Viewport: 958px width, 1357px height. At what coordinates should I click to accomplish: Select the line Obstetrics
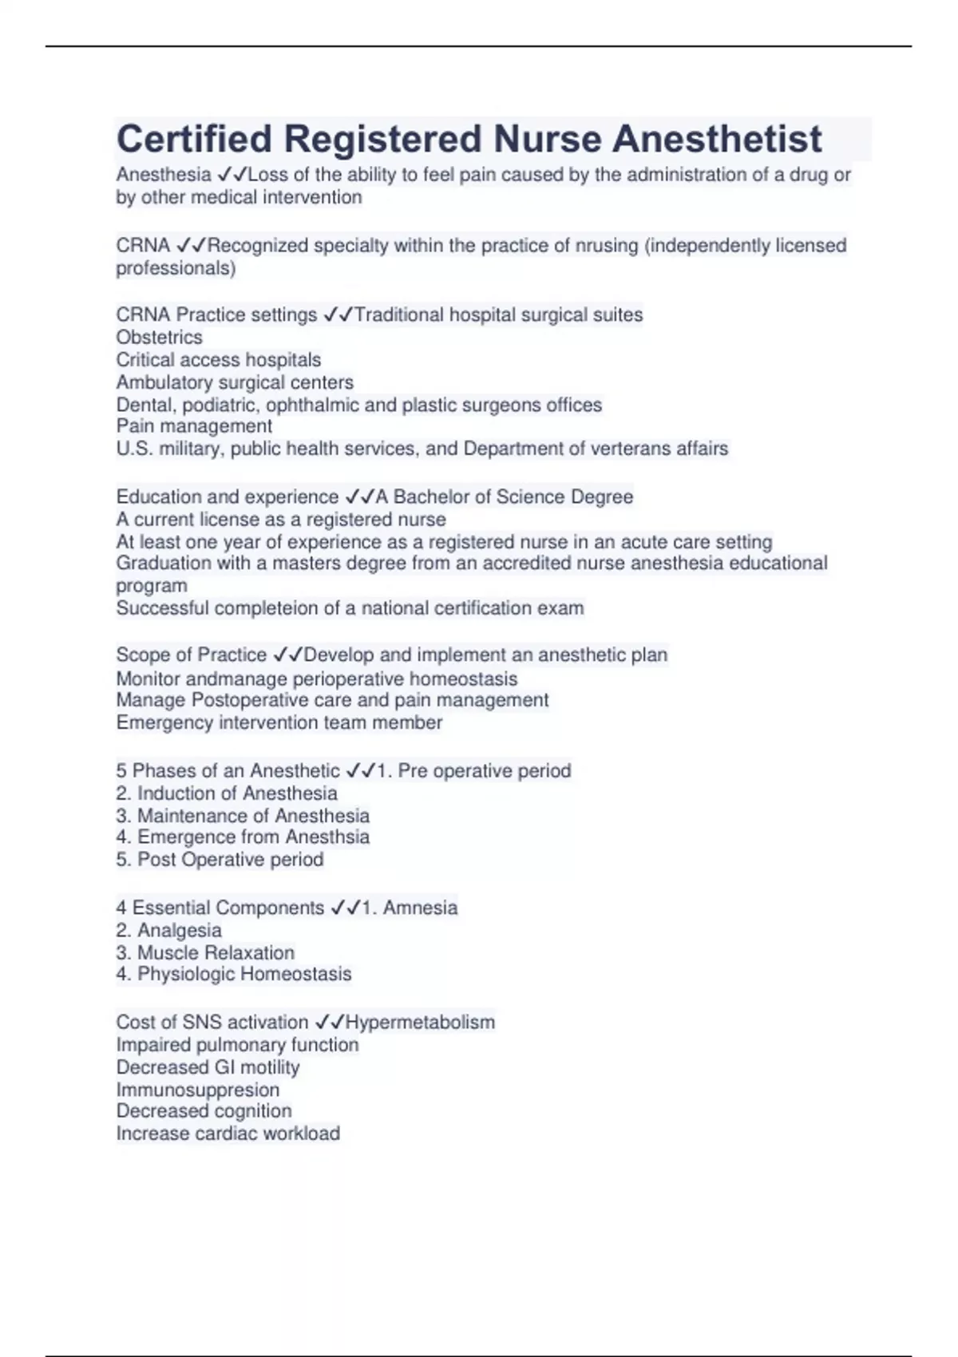click(159, 337)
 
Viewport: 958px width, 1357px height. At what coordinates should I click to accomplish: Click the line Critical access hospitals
click(218, 360)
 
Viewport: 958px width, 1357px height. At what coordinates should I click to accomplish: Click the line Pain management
click(194, 426)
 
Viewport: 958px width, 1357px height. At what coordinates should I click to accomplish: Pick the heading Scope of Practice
click(191, 655)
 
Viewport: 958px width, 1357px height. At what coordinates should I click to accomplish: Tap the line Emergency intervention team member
click(279, 723)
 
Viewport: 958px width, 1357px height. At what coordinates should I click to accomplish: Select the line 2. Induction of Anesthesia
click(227, 793)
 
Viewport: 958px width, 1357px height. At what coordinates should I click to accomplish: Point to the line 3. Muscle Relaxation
click(205, 953)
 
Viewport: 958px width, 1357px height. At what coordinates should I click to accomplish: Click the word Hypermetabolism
click(420, 1023)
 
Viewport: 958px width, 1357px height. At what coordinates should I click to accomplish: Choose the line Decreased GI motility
click(208, 1067)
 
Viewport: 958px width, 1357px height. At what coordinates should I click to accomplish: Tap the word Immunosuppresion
click(197, 1090)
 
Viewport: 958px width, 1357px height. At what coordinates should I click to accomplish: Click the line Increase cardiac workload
click(228, 1133)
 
